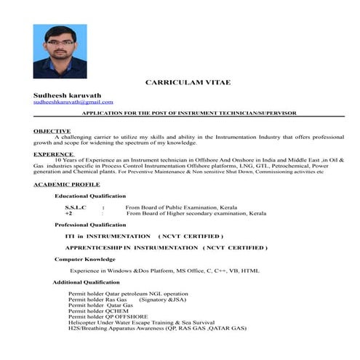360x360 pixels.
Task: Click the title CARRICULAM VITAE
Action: pyautogui.click(x=188, y=83)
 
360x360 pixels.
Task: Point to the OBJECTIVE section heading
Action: pyautogui.click(x=52, y=130)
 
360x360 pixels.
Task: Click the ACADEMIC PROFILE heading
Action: pyautogui.click(x=67, y=185)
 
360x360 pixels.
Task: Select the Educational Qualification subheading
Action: pyautogui.click(x=90, y=196)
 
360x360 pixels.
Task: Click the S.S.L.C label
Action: pyautogui.click(x=76, y=208)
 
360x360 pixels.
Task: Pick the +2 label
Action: pyautogui.click(x=68, y=214)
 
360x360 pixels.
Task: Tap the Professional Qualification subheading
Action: pyautogui.click(x=91, y=225)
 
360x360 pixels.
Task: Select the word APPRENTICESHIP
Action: pyautogui.click(x=95, y=248)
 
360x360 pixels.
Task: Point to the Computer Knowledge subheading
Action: pyautogui.click(x=85, y=259)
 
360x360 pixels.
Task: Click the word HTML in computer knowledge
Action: pyautogui.click(x=250, y=271)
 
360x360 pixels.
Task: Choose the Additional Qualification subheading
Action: pyautogui.click(x=87, y=282)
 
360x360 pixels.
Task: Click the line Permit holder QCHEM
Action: pyautogui.click(x=98, y=311)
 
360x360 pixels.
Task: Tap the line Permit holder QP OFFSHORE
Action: pyautogui.click(x=108, y=317)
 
